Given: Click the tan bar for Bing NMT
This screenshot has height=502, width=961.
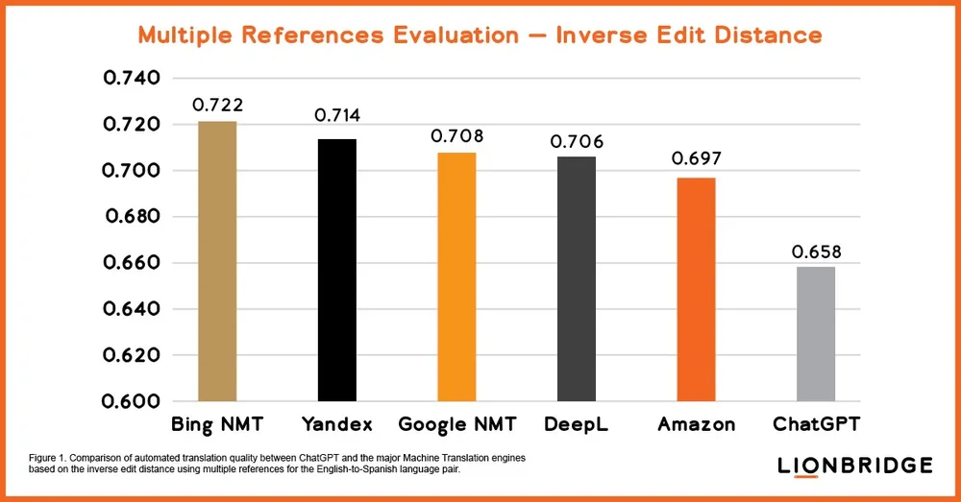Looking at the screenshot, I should click(x=217, y=261).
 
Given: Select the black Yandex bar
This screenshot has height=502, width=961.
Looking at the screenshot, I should click(x=337, y=270).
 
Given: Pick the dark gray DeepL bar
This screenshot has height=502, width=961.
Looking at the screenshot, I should click(x=577, y=278).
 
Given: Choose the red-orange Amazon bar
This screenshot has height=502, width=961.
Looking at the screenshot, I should click(x=696, y=289).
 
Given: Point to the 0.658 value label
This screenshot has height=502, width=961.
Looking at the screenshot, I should click(x=816, y=252).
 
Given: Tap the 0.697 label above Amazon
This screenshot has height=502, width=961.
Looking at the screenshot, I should click(x=697, y=158).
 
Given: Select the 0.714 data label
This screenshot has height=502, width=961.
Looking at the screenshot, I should click(x=337, y=116).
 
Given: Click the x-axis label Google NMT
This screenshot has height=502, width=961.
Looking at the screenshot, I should click(x=457, y=424).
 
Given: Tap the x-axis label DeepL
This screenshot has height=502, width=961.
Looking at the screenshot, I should click(x=577, y=424).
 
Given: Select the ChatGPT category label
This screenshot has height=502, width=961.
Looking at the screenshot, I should click(x=817, y=424).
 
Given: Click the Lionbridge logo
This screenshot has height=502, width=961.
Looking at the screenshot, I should click(x=854, y=466).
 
